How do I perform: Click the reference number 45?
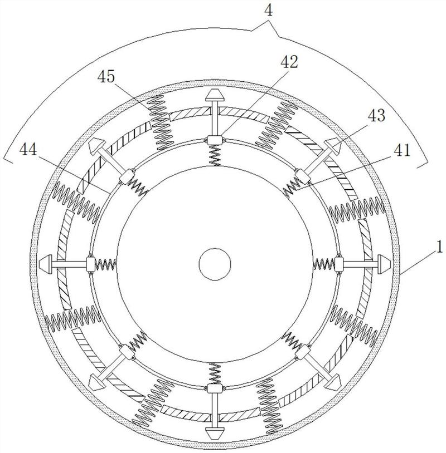106,77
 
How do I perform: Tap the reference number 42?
289,62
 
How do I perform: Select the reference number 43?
376,115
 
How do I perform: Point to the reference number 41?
402,150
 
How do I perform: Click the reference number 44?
28,150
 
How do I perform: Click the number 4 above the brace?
268,11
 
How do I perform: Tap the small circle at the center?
215,264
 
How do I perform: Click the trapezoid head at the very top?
215,95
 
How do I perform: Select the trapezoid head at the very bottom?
215,432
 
